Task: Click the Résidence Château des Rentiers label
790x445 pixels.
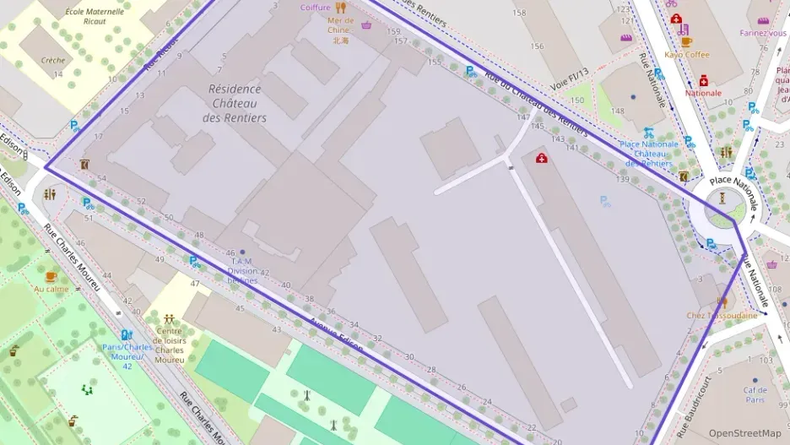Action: (234, 103)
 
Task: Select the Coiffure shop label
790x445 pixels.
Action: (316, 8)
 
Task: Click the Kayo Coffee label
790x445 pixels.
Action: (686, 55)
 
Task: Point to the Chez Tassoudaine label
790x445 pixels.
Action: (722, 316)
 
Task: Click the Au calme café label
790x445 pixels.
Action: (51, 289)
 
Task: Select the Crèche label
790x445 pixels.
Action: (53, 60)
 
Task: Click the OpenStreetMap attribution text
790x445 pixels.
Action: (744, 433)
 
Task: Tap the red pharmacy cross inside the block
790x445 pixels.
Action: (541, 158)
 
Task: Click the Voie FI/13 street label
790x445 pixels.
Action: (569, 84)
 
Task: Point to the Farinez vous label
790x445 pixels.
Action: (763, 33)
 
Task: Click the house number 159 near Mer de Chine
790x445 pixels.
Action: (393, 32)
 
